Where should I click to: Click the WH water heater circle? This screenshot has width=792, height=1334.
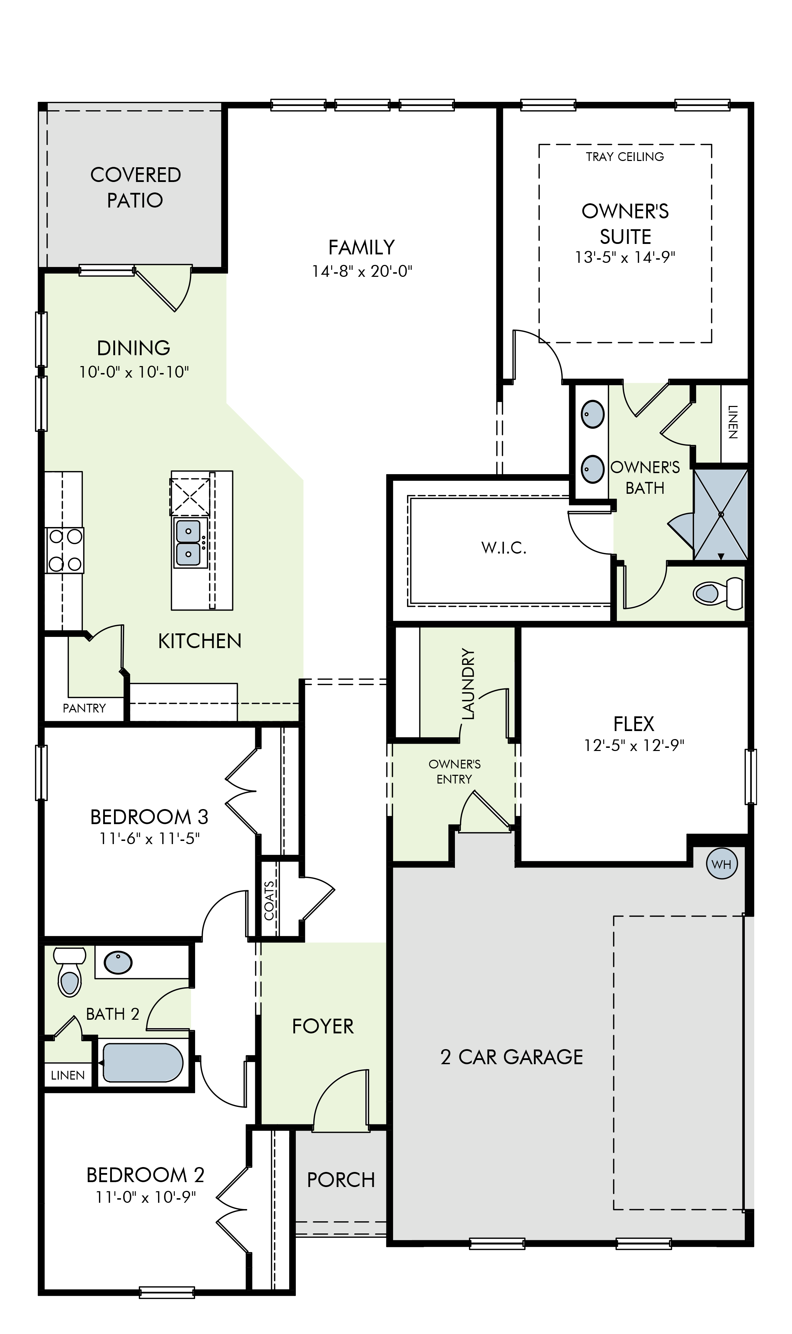pyautogui.click(x=722, y=864)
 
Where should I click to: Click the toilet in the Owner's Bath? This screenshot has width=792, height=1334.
pyautogui.click(x=718, y=593)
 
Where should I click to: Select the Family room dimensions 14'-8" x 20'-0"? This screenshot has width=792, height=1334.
pyautogui.click(x=362, y=272)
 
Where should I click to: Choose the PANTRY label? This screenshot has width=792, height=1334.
pyautogui.click(x=84, y=708)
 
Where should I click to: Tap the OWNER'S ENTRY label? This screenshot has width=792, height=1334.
pyautogui.click(x=454, y=772)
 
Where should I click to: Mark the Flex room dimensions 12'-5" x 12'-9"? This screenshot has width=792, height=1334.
pyautogui.click(x=634, y=745)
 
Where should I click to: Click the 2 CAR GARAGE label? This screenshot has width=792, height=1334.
pyautogui.click(x=512, y=1057)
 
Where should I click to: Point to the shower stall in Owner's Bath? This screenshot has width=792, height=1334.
pyautogui.click(x=720, y=514)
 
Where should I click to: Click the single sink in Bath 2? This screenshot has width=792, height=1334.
pyautogui.click(x=118, y=962)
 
